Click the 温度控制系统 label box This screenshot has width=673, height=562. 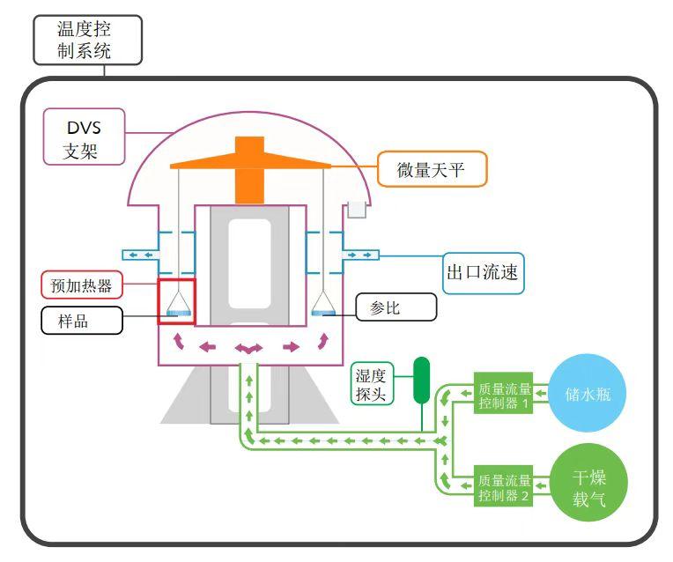(87, 39)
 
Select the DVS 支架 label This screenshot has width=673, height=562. (85, 137)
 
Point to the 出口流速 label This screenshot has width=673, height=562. (483, 273)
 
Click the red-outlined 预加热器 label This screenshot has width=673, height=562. (81, 285)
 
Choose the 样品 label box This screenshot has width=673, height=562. (81, 320)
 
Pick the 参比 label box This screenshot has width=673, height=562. (396, 307)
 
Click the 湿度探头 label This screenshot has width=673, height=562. (371, 383)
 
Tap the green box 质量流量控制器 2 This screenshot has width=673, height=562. (505, 487)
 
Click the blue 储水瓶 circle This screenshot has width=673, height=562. (588, 394)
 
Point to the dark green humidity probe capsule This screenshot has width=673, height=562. (421, 379)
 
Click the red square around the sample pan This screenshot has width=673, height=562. (176, 300)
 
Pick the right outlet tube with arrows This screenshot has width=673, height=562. (360, 255)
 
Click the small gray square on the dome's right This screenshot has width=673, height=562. (356, 209)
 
